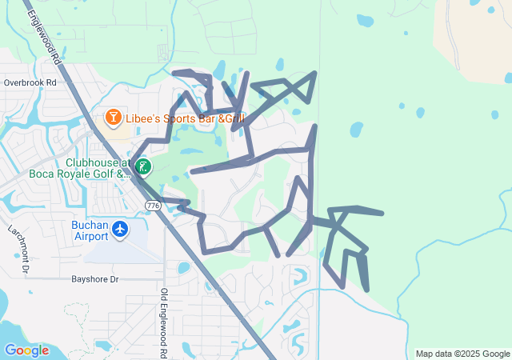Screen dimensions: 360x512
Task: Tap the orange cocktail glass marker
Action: coord(114,119)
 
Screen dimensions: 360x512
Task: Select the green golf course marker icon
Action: coord(143,167)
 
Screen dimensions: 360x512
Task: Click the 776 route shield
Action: coord(153,206)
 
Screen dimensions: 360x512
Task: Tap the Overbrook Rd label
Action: coord(30,82)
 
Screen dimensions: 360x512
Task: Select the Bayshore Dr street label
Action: coord(94,279)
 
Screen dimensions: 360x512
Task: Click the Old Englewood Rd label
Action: coord(163,323)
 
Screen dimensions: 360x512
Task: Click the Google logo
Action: coord(26,350)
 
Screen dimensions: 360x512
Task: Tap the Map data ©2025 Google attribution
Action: coord(462,354)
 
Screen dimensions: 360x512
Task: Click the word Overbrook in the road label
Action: coord(22,82)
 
